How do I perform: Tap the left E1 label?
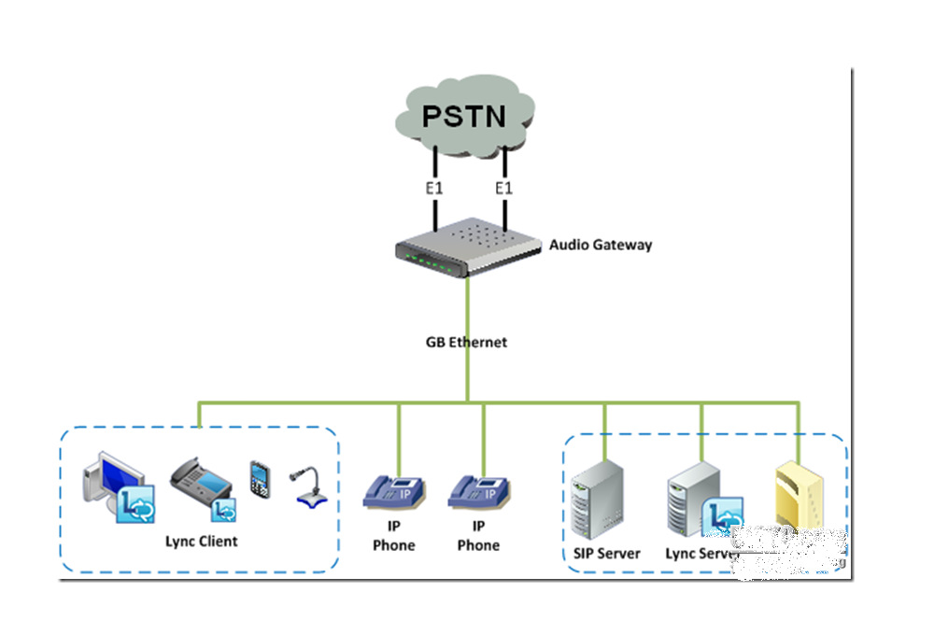coord(434,189)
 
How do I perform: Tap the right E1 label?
coord(503,189)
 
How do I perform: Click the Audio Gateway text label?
coord(600,246)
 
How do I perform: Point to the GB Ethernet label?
coord(466,342)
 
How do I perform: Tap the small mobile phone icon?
coord(259,478)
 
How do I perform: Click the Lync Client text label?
coord(201,541)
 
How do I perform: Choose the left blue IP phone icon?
coord(394,490)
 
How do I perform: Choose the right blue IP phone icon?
coord(478,490)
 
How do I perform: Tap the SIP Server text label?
coord(607,553)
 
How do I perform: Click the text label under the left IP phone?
coord(393,537)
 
